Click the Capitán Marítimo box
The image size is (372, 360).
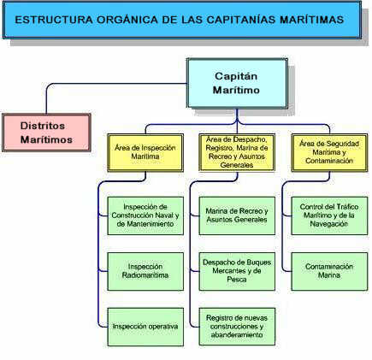click(237, 83)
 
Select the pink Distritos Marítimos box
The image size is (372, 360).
click(46, 133)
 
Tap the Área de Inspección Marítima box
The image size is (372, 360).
click(145, 153)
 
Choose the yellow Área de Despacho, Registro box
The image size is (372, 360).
click(237, 152)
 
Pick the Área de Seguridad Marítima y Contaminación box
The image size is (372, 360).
click(329, 152)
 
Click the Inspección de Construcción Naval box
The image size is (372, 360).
click(145, 215)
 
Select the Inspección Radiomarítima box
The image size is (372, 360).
click(145, 271)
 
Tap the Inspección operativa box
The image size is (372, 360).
click(145, 327)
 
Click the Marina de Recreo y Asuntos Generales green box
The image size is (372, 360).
click(237, 215)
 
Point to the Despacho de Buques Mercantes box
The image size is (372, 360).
click(237, 271)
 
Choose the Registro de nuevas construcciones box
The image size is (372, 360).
click(237, 327)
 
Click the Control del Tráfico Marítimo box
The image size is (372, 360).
click(329, 215)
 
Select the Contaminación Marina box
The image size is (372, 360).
click(329, 271)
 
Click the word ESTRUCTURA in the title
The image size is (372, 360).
click(54, 20)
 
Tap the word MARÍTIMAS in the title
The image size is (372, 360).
click(312, 20)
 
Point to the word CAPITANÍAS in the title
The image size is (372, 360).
click(241, 20)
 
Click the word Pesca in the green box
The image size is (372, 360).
click(237, 280)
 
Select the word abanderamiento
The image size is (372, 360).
click(237, 335)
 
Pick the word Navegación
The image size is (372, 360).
click(329, 224)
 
